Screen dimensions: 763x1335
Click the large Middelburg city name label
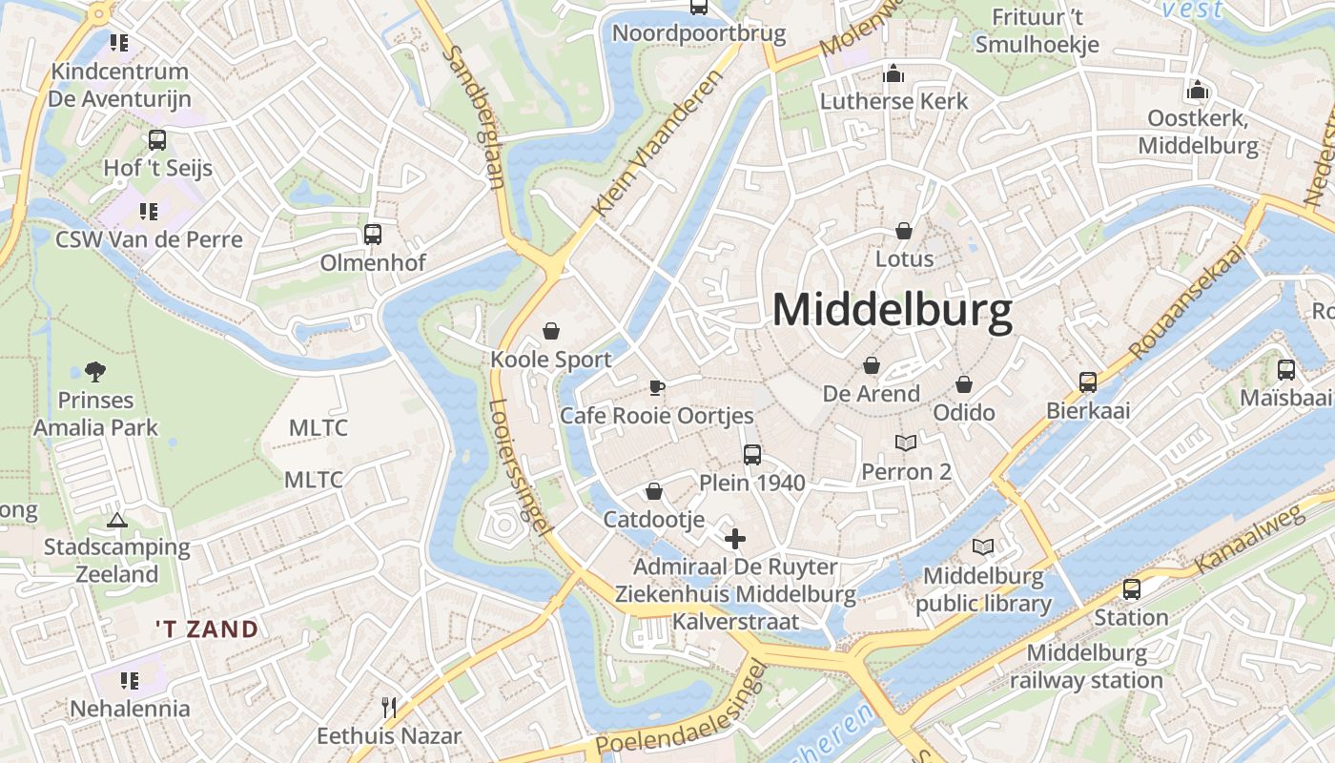point(892,311)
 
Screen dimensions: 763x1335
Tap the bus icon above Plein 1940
point(752,454)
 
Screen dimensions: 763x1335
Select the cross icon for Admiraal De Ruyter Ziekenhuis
point(735,539)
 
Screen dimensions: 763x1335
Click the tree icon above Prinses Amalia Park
point(94,371)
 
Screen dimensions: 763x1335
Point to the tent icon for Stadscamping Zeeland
point(116,520)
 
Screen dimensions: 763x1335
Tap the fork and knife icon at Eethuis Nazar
point(388,707)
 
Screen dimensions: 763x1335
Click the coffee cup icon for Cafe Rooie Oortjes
point(656,387)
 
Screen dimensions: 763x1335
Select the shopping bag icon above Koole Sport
point(550,331)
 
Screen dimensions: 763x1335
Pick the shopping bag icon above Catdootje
point(654,491)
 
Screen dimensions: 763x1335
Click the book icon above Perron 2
point(906,443)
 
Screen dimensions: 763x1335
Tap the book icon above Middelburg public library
point(983,547)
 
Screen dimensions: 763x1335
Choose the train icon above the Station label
point(1131,589)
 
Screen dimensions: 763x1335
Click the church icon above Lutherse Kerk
point(893,72)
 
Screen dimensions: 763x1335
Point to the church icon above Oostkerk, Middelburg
point(1198,90)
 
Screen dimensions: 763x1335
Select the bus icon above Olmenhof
point(372,234)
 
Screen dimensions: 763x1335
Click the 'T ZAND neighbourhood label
point(208,629)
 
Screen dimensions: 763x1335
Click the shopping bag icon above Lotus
point(904,231)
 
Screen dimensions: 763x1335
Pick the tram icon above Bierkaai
point(1088,381)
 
